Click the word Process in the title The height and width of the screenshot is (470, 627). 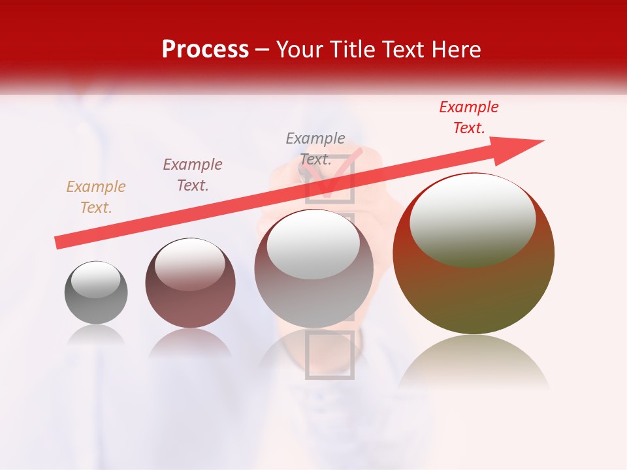[x=205, y=49]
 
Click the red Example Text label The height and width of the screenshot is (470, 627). [x=469, y=117]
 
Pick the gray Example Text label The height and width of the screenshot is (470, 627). [x=315, y=148]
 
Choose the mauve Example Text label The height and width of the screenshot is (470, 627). [x=193, y=175]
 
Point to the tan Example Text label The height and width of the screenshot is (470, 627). [x=96, y=196]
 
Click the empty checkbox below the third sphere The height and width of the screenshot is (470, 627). [x=330, y=354]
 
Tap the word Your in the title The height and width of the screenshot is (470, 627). [x=301, y=49]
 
